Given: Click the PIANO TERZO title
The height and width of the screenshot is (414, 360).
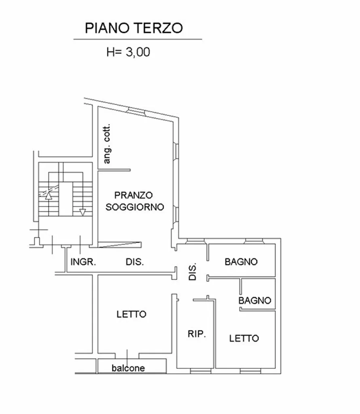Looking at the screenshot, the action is (133, 28).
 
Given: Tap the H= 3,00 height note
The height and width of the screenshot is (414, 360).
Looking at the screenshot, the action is (128, 52).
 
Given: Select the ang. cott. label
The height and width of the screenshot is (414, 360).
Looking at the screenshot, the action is (107, 144).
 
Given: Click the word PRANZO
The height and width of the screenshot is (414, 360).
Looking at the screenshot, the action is (133, 195).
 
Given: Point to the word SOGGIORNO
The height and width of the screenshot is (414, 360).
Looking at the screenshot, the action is (135, 207).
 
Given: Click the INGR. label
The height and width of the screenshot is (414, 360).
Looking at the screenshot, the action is (83, 262).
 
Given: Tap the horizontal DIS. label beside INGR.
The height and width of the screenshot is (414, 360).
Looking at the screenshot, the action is (135, 262).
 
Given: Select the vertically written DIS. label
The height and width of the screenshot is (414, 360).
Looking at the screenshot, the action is (193, 271).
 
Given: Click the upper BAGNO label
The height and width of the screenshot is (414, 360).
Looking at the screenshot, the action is (241, 262).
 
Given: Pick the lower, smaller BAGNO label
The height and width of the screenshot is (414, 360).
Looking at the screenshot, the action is (254, 300).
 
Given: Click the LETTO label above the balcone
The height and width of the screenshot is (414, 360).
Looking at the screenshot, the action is (131, 314).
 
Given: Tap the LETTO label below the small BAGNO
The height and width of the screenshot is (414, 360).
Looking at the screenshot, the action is (244, 338).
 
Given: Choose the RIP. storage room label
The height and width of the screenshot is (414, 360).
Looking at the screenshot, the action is (197, 334).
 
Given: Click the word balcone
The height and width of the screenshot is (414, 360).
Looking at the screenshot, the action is (128, 368).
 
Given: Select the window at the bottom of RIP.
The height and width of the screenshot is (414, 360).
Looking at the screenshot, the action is (201, 371).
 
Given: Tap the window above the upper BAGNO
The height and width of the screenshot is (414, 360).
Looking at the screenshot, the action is (254, 241).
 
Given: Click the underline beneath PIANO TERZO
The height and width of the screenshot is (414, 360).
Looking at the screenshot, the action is (138, 39).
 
